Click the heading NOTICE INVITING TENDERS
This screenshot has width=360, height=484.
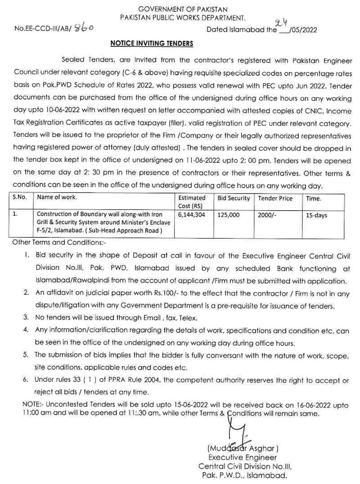point(152,44)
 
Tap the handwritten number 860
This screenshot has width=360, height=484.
point(84,28)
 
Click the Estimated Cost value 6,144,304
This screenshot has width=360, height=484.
point(191,215)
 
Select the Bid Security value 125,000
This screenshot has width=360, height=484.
point(229,215)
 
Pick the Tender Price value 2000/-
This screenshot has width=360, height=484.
point(267,215)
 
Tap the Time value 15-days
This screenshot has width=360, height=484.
point(316,215)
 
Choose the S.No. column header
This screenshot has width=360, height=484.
point(20,197)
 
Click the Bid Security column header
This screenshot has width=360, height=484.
point(233,198)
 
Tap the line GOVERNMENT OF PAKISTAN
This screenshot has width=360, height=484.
point(183,9)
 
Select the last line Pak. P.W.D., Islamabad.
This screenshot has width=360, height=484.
point(243,475)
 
